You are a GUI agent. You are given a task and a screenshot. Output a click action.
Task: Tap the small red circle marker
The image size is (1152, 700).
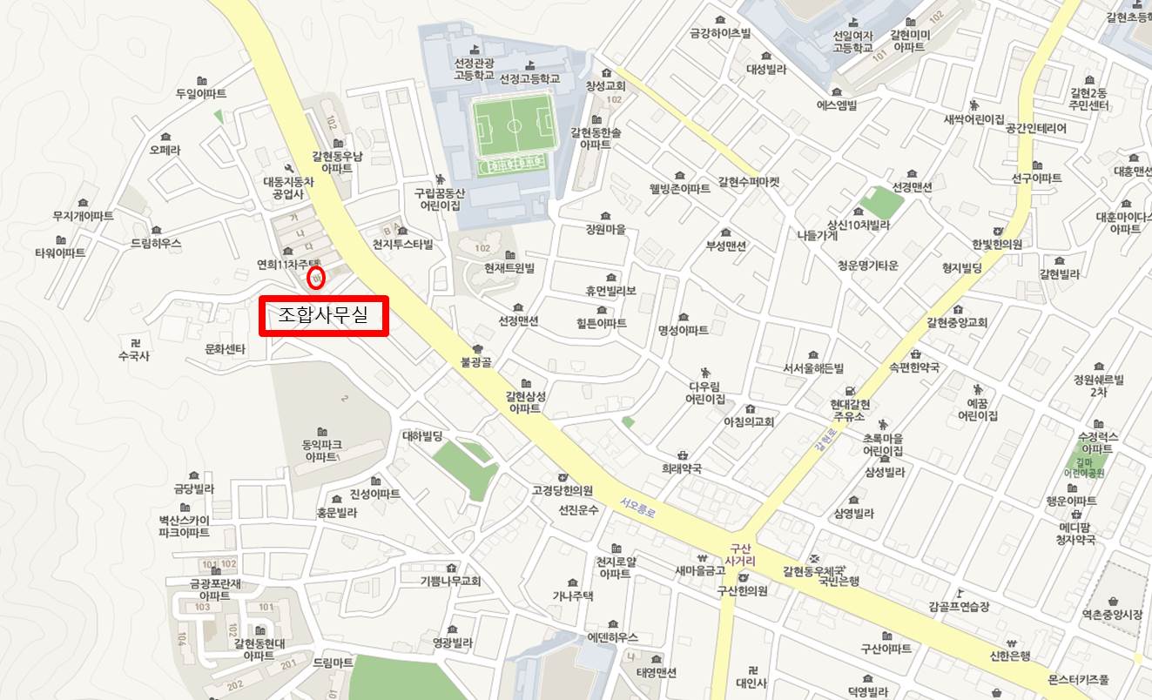[316, 278]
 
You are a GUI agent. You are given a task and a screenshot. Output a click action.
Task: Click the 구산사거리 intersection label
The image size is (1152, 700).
[739, 555]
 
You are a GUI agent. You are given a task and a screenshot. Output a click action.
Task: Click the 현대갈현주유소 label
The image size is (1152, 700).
[849, 411]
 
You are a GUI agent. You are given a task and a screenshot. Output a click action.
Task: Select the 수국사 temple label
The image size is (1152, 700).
[134, 355]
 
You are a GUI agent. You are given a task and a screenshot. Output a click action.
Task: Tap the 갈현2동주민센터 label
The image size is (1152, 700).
[1088, 99]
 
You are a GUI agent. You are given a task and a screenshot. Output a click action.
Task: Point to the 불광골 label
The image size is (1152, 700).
[477, 362]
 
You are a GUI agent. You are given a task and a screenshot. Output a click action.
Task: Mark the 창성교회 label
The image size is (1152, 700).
[605, 86]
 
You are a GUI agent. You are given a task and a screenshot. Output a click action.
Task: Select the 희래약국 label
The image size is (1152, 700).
[681, 468]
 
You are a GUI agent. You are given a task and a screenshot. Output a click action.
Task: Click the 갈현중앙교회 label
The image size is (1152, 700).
[956, 322]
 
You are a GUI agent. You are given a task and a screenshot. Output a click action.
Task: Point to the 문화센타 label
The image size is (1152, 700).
[225, 349]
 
